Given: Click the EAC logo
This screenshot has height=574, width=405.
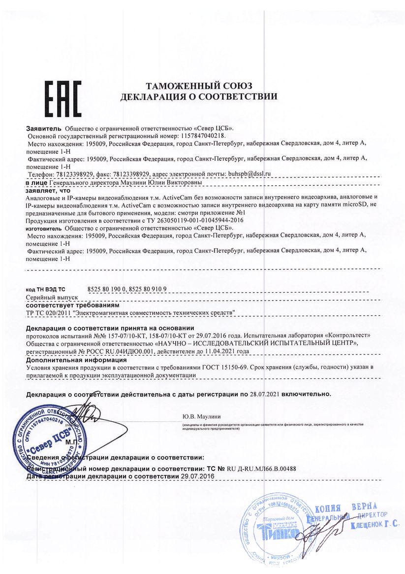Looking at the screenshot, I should point(62,97).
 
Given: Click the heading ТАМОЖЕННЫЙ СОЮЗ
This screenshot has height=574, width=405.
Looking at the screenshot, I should point(199,86).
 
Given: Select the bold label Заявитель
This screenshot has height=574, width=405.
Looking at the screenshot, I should point(44,128).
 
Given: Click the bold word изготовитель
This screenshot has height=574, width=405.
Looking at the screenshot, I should point(43,228).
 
